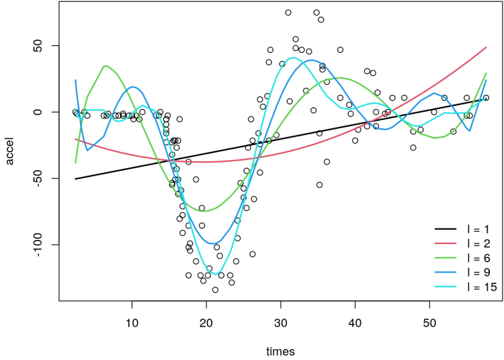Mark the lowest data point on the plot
[215, 289]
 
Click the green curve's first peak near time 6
[106, 66]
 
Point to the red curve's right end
[486, 47]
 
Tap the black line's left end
[75, 179]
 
